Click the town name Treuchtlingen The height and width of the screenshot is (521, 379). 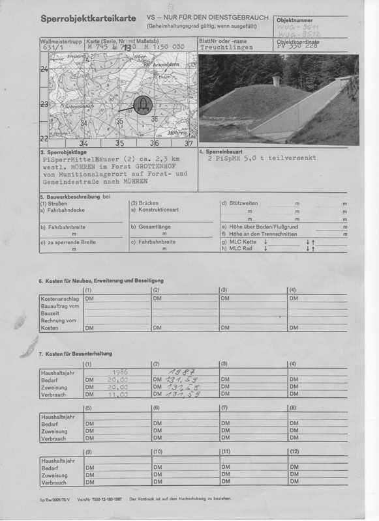226,48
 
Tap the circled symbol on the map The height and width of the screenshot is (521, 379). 141,104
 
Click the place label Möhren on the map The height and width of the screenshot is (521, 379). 177,133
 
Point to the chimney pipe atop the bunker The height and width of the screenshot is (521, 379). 276,81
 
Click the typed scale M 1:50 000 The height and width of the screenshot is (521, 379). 159,47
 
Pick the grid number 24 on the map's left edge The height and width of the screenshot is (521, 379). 44,70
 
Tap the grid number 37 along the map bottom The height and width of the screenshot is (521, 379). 189,143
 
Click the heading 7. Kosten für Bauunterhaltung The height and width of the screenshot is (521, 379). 75,354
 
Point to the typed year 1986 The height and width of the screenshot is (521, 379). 119,372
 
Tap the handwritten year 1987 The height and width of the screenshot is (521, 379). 175,371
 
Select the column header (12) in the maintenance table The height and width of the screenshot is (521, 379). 296,451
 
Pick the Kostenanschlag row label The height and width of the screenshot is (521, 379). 61,298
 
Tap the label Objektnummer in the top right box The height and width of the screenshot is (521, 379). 295,21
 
